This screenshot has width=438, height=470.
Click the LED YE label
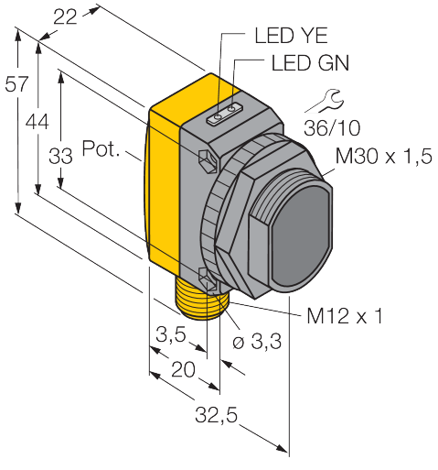(291, 36)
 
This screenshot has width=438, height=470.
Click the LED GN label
(310, 63)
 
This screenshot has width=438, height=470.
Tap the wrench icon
(325, 102)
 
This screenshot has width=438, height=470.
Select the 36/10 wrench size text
(332, 128)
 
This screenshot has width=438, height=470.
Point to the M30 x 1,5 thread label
(384, 156)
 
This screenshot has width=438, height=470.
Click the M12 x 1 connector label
(345, 316)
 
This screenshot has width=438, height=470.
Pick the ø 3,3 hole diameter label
(257, 341)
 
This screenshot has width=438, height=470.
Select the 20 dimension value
(183, 369)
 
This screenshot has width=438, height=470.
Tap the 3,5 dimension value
(171, 334)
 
